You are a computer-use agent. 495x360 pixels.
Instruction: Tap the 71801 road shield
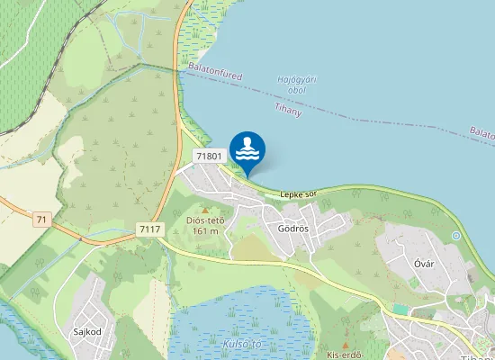tap(208, 157)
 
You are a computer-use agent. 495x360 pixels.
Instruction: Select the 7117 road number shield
tap(150, 229)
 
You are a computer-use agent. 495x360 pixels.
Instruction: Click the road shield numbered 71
tap(41, 220)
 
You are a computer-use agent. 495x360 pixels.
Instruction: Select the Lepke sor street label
tap(299, 193)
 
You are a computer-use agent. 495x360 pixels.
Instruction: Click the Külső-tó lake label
tap(240, 344)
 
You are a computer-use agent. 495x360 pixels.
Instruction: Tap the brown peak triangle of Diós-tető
tap(204, 210)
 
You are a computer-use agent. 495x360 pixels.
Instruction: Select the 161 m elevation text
tap(204, 231)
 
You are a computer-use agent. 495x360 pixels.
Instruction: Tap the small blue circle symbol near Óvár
tap(456, 236)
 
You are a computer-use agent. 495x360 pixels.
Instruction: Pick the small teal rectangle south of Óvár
tap(400, 310)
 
